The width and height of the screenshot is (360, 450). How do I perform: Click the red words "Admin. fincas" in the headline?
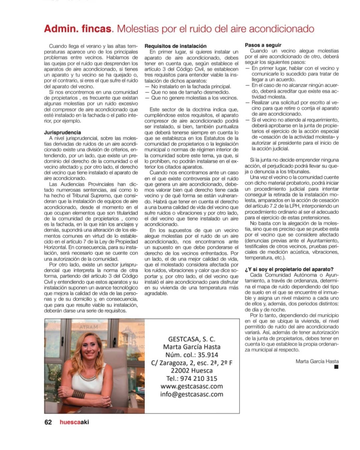(x=77, y=29)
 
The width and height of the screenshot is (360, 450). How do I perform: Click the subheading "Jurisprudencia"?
(x=62, y=132)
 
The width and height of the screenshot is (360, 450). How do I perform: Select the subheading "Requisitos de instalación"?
(x=175, y=46)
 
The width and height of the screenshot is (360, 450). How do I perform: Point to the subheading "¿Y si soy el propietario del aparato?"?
(x=289, y=269)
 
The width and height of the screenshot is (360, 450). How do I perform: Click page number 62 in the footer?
(x=48, y=422)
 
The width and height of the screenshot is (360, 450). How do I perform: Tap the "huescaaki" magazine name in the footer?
(x=74, y=422)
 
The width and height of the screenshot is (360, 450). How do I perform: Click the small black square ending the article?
(x=336, y=367)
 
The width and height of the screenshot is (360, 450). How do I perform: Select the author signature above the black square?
(x=317, y=361)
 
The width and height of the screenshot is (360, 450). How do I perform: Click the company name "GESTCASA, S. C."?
(x=192, y=339)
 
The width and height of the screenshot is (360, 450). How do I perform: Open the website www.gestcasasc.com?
(x=192, y=386)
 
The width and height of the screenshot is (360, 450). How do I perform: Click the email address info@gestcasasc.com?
(x=192, y=394)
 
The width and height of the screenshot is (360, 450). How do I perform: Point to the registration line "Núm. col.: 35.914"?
(x=192, y=355)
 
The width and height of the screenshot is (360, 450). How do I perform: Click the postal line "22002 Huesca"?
(x=192, y=371)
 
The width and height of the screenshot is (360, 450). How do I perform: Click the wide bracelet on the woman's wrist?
(x=79, y=394)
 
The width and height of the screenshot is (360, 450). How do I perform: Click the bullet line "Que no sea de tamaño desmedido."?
(x=190, y=92)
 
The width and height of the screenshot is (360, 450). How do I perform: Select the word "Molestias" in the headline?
(x=137, y=29)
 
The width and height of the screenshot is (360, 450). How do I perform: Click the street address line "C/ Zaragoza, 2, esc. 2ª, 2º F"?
(x=192, y=363)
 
